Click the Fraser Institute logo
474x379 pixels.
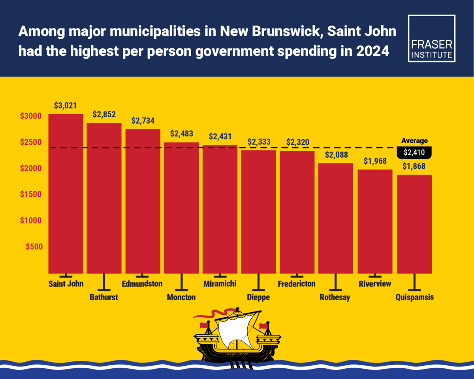(x=431, y=39)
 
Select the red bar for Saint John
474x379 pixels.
(x=66, y=193)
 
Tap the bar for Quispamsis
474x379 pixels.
(x=414, y=224)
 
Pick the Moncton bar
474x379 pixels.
(x=181, y=208)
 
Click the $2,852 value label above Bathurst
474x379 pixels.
(x=104, y=114)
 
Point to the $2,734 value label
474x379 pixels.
(x=143, y=121)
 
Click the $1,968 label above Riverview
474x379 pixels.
(x=375, y=161)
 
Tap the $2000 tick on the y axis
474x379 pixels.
(x=31, y=169)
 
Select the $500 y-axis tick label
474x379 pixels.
(x=34, y=247)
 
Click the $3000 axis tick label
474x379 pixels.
(x=31, y=116)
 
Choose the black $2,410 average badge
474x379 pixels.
(x=414, y=152)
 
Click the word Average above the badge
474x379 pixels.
(x=414, y=141)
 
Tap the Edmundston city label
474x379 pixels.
(x=142, y=283)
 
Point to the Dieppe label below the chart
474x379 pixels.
(x=258, y=297)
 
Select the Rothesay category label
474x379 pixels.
(x=335, y=297)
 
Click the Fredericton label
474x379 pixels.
(x=297, y=283)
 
